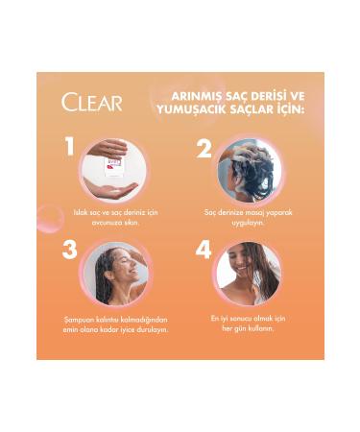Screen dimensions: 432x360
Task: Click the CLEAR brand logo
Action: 92,103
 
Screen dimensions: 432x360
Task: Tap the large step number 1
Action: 69,146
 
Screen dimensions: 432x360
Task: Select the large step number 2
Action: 204,149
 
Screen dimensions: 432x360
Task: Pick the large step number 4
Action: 204,251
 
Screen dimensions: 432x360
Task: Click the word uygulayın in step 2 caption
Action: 249,222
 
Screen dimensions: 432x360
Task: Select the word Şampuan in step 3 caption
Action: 75,319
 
